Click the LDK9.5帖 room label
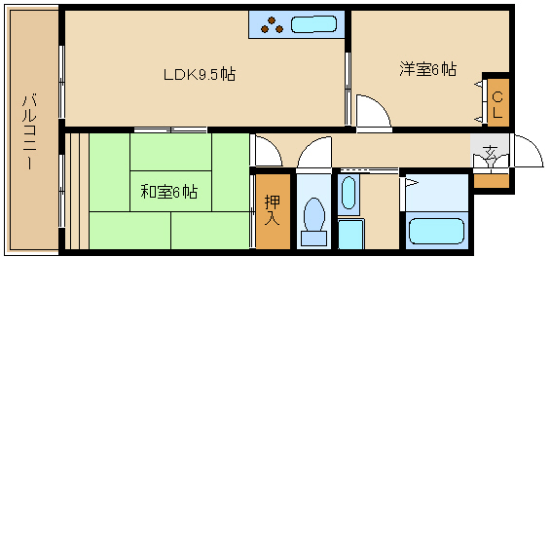pos(200,74)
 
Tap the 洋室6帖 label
pos(428,69)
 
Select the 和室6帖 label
pos(169,192)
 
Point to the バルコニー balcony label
pos(29,131)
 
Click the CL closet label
pos(497,104)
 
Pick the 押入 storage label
pos(273,210)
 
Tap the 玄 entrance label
pos(490,152)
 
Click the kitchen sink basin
pos(313,24)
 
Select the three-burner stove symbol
pos(272,25)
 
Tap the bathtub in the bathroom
pos(436,231)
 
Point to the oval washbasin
pos(349,192)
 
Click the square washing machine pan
pos(351,234)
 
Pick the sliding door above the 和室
pos(170,130)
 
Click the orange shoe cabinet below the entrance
pos(492,181)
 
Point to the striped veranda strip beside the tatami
pos(77,191)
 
